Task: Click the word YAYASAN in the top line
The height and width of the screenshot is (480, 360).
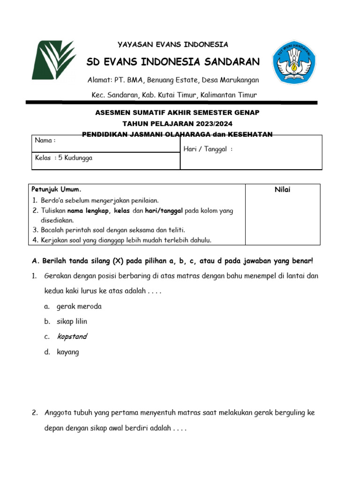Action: click(134, 45)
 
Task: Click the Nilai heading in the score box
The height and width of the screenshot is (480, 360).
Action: click(282, 189)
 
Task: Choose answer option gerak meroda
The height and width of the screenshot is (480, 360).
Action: click(79, 307)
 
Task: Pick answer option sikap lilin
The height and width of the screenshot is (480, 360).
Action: click(72, 322)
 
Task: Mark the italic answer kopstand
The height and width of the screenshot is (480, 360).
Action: click(72, 337)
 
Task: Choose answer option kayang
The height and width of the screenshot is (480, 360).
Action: click(67, 352)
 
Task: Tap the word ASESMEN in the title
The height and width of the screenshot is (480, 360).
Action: click(112, 113)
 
